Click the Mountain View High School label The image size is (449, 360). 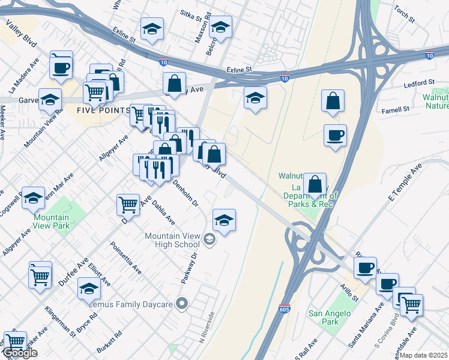point(172,240)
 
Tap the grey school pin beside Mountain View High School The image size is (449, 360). point(209,241)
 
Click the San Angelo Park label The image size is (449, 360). point(324,317)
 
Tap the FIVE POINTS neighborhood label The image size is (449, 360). point(103,110)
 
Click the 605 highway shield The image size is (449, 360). point(285,310)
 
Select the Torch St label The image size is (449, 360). point(405,14)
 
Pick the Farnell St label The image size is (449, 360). point(396,109)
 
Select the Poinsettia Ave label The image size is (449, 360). point(126,257)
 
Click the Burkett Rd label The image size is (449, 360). point(109,341)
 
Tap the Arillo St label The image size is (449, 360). point(349,292)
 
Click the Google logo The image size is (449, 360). point(20,353)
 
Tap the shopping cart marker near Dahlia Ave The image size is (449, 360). point(128,205)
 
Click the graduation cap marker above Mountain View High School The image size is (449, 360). point(224,220)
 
